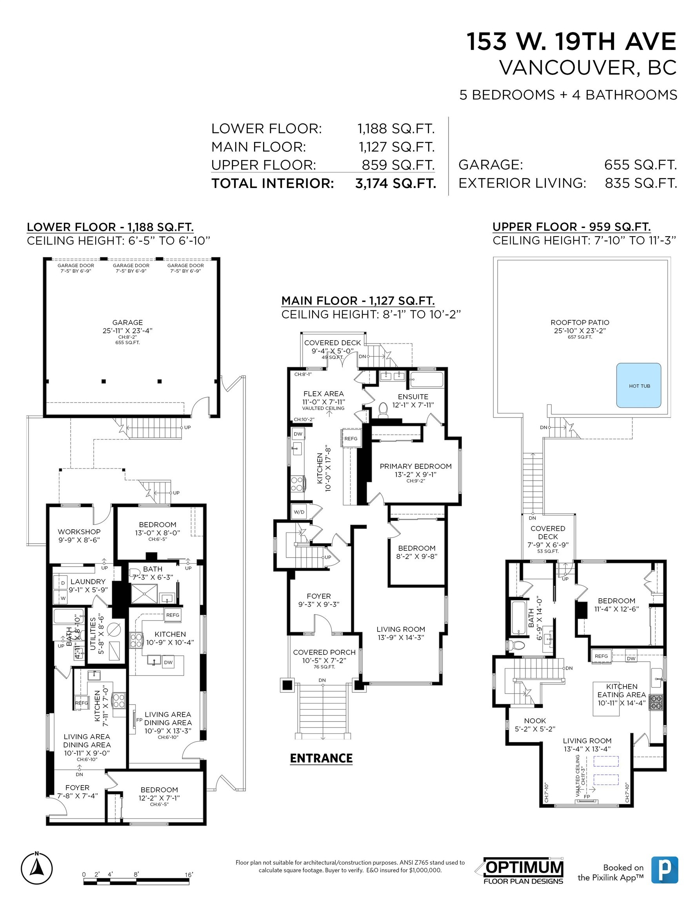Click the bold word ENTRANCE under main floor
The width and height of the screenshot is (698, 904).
click(321, 758)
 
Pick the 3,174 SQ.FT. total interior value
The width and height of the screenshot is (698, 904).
click(396, 183)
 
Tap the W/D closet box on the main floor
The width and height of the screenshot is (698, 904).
click(299, 512)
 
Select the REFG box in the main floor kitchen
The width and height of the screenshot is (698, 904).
click(351, 438)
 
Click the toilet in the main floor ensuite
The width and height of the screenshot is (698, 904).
click(383, 409)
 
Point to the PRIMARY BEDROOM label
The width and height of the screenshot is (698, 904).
click(415, 466)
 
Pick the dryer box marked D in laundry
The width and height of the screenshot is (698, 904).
click(63, 583)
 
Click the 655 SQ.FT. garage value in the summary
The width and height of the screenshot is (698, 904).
click(640, 165)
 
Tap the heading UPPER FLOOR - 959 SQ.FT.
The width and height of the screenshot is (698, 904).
click(571, 227)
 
